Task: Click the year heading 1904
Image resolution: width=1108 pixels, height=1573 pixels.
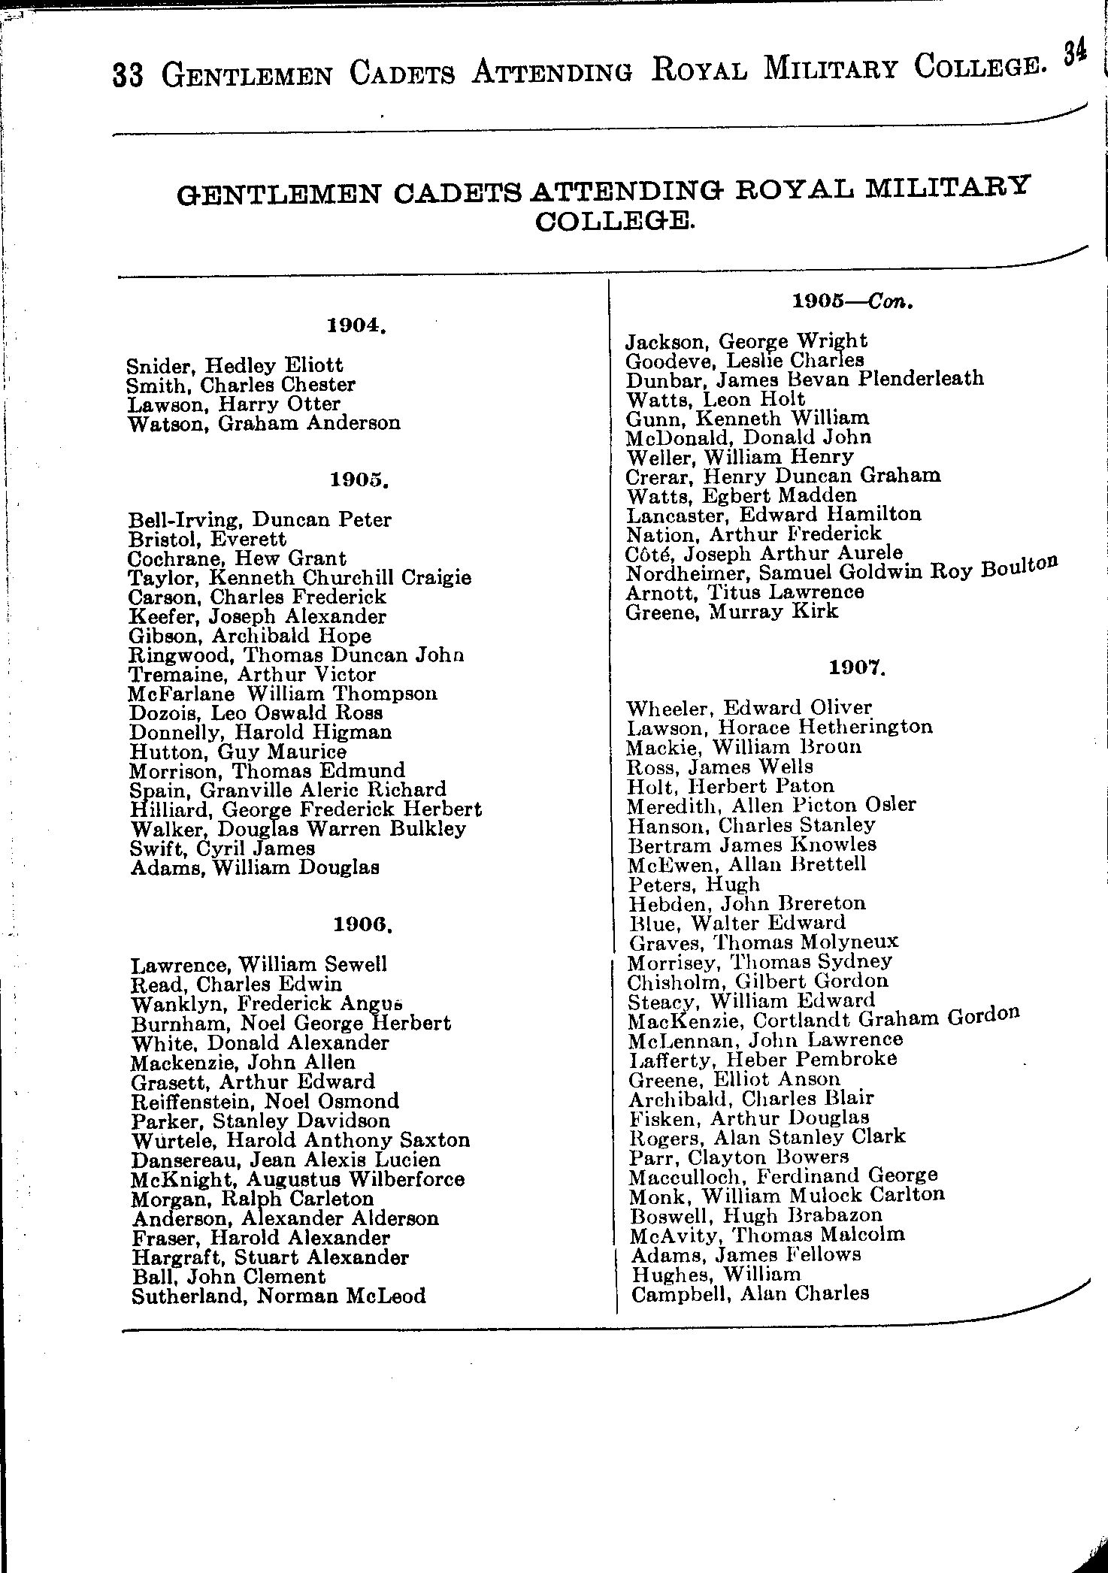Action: click(357, 325)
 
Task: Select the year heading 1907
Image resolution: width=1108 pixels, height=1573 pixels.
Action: click(858, 667)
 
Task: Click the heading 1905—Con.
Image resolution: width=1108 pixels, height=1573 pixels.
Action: click(852, 302)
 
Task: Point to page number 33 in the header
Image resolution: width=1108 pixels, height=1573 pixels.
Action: click(128, 76)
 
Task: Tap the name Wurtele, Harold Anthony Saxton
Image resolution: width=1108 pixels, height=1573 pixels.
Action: click(301, 1140)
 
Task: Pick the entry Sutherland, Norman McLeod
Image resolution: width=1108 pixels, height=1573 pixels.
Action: click(278, 1296)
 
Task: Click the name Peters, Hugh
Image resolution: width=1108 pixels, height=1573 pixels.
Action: click(694, 884)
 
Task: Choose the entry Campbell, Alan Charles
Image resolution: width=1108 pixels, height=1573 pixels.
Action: click(750, 1293)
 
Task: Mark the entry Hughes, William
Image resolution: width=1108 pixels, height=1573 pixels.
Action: click(716, 1274)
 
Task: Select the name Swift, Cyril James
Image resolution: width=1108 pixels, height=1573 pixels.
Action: click(223, 848)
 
